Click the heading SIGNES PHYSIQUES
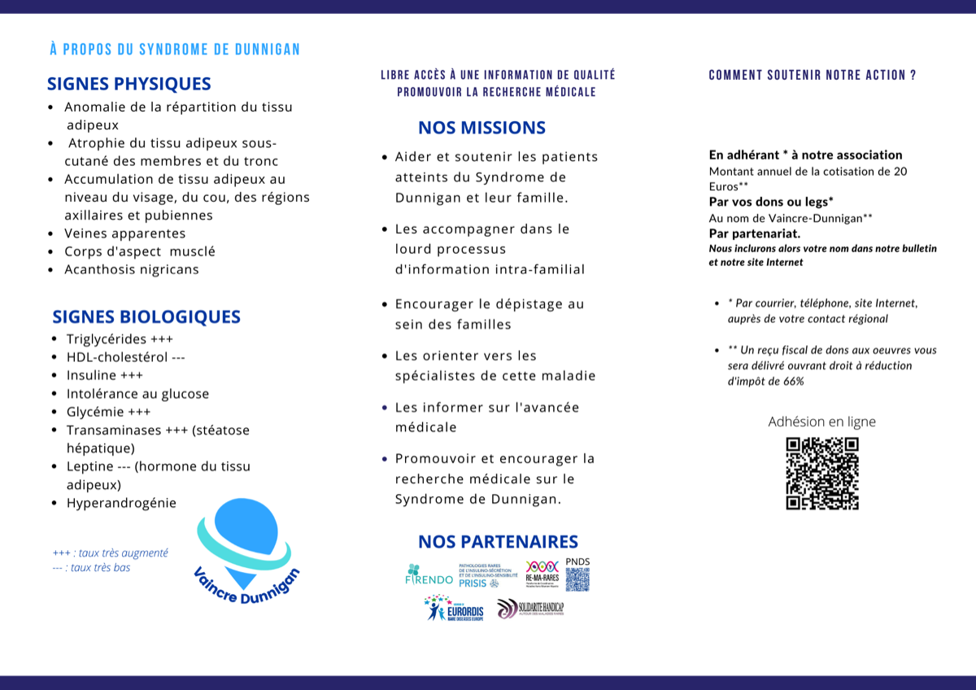tap(129, 84)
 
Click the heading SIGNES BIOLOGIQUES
tap(146, 317)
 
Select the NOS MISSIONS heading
tap(481, 128)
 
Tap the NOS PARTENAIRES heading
tap(498, 542)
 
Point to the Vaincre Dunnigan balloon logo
tap(244, 545)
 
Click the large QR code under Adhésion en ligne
tap(822, 474)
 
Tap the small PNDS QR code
tap(577, 579)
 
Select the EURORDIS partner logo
tap(454, 608)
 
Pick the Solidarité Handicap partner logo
tap(530, 608)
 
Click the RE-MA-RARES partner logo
tap(542, 572)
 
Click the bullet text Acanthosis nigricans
tap(132, 269)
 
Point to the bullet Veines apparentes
tap(125, 234)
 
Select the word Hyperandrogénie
tap(121, 503)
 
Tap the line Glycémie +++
tap(109, 412)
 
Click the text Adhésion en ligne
tap(821, 421)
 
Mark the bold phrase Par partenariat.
tap(755, 234)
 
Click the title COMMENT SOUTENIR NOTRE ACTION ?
tap(813, 75)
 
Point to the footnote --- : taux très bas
tap(91, 567)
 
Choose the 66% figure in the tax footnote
tap(793, 382)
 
